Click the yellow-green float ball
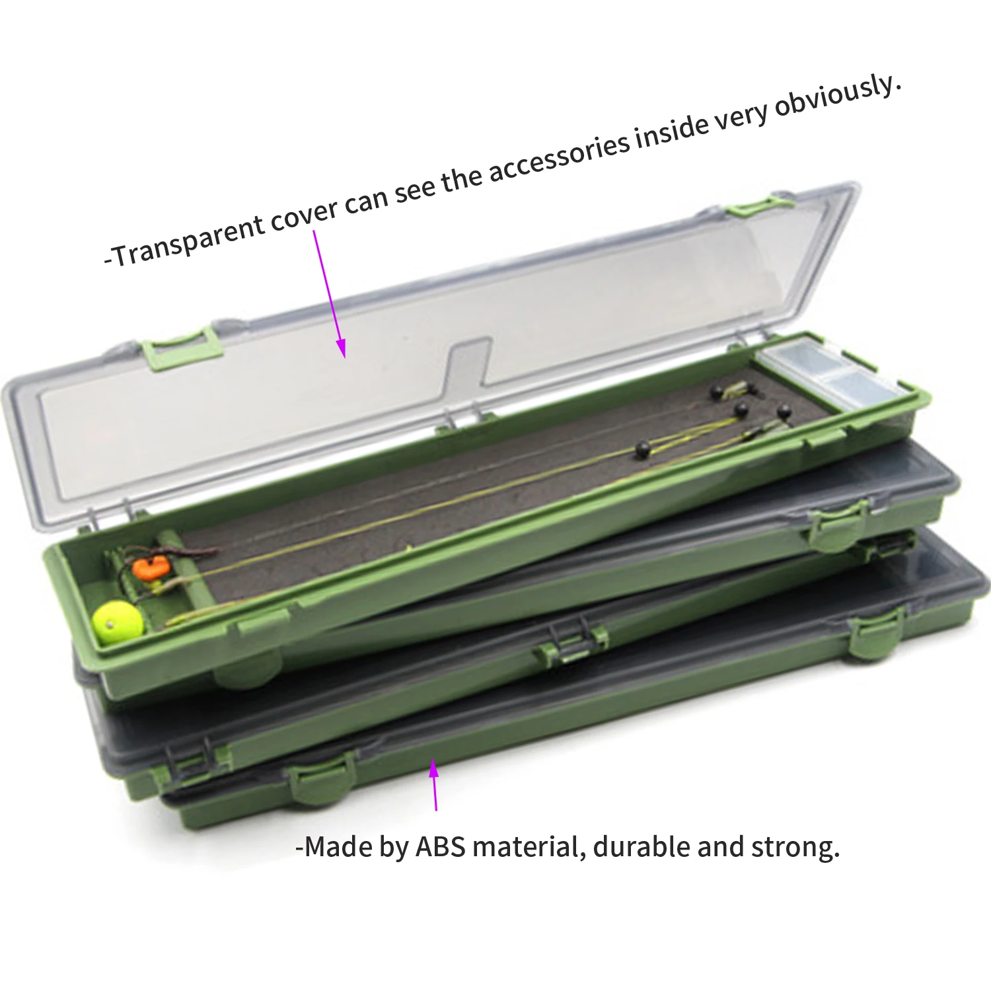point(118,620)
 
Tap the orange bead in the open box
point(149,569)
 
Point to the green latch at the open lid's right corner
point(760,205)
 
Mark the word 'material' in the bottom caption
point(529,847)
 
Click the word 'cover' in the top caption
point(305,214)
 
